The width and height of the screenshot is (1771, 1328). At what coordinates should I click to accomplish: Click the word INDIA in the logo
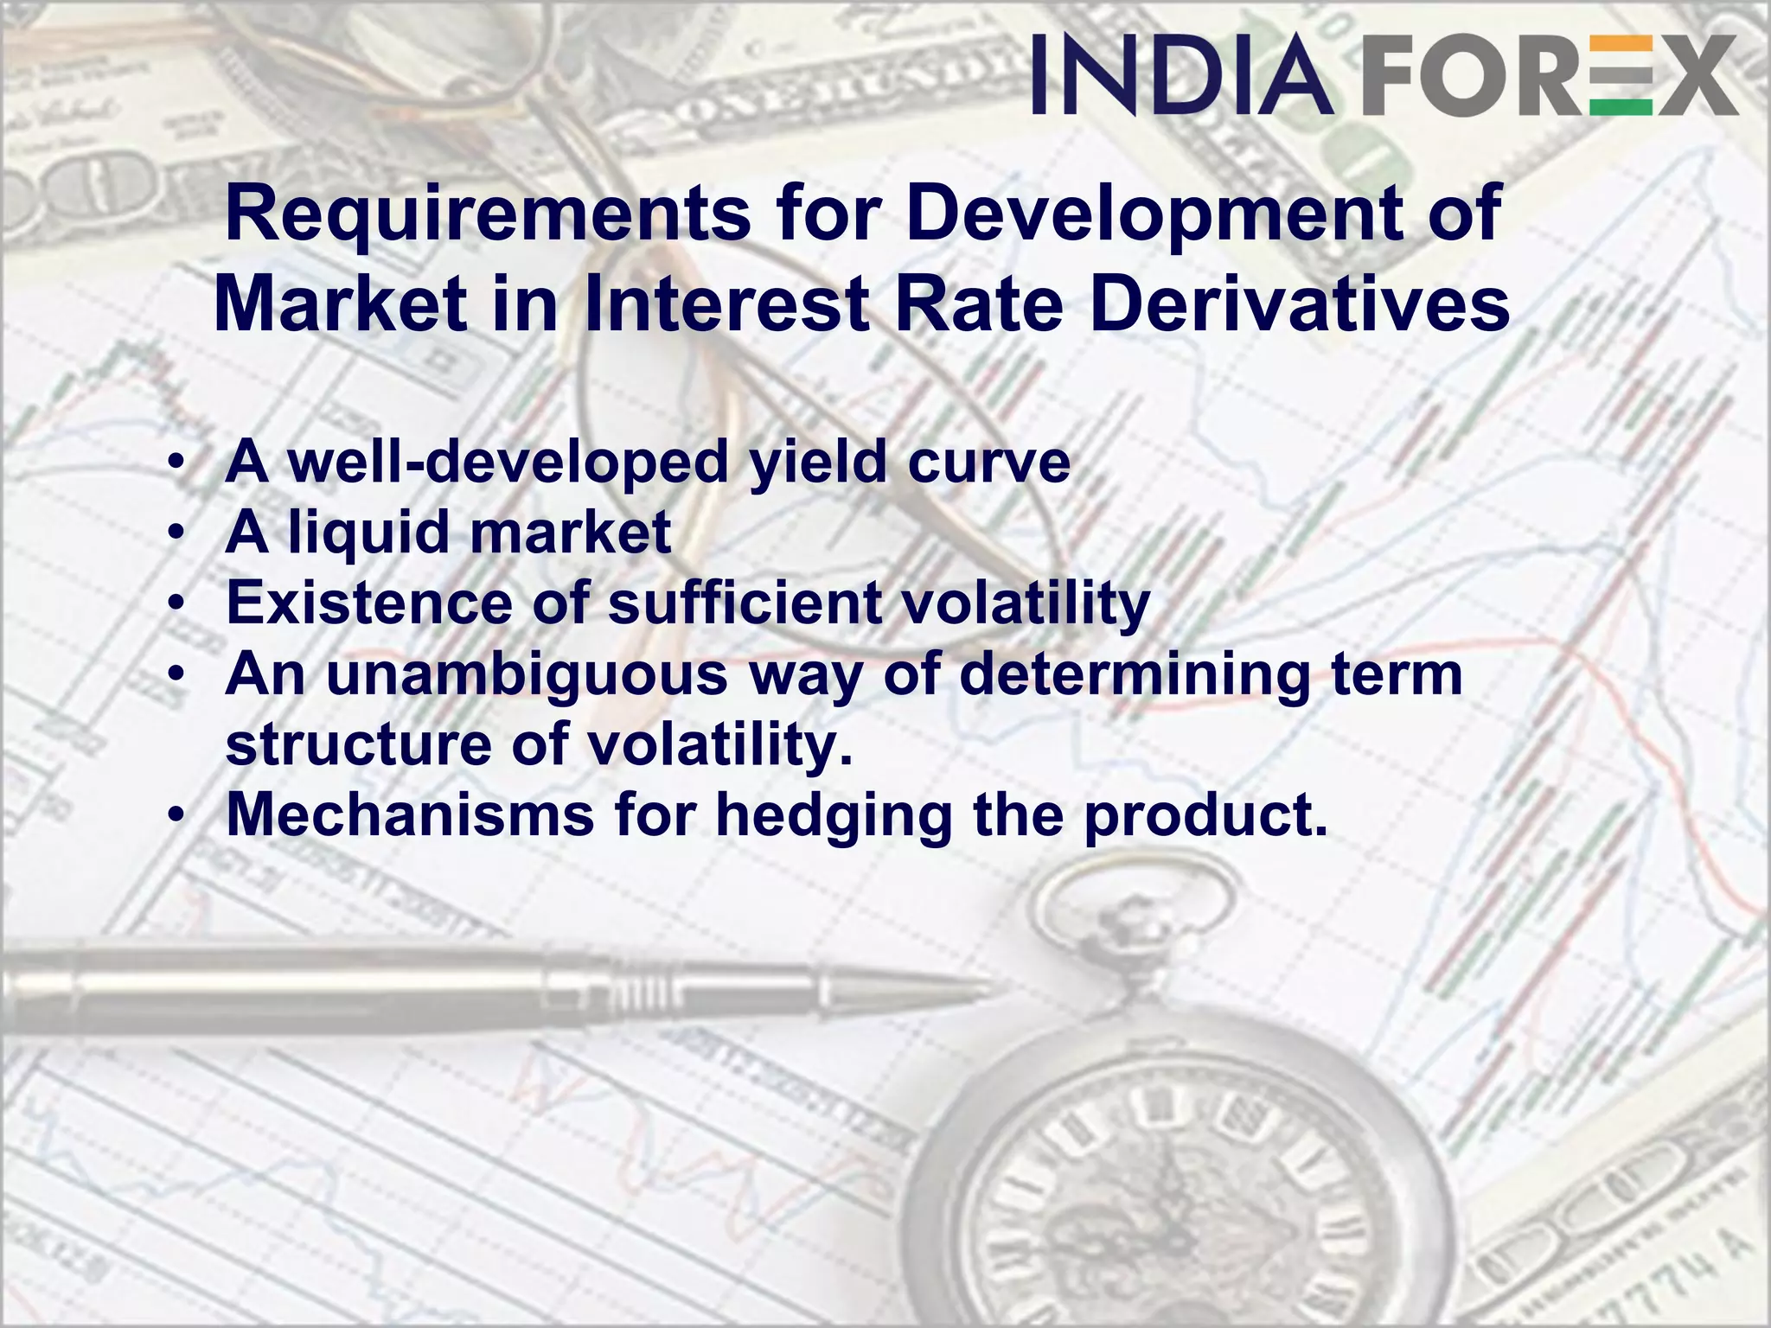pos(1181,74)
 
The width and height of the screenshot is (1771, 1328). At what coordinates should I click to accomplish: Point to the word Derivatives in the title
pos(1300,304)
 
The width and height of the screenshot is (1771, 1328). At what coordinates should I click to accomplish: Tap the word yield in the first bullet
pos(818,463)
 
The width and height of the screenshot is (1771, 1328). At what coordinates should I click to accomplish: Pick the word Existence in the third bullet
pos(368,603)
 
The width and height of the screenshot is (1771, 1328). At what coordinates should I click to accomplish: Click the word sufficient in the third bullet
pos(745,603)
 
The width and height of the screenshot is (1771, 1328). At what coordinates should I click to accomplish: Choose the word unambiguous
pos(527,674)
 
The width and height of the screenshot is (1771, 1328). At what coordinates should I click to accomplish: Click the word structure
pos(358,744)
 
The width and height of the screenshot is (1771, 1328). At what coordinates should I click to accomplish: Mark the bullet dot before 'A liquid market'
pos(176,533)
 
